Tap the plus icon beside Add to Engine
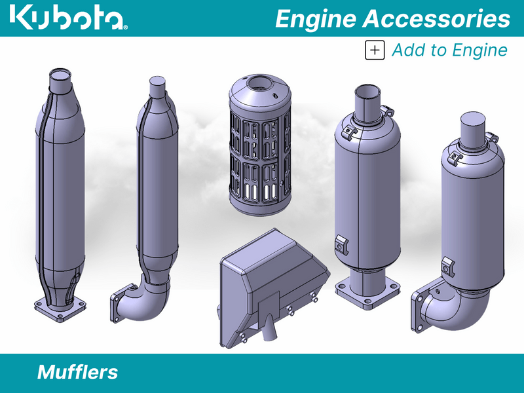pos(375,50)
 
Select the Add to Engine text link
pos(449,50)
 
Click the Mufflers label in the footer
pos(77,373)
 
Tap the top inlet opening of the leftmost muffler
pos(61,77)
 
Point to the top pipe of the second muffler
pos(157,87)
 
